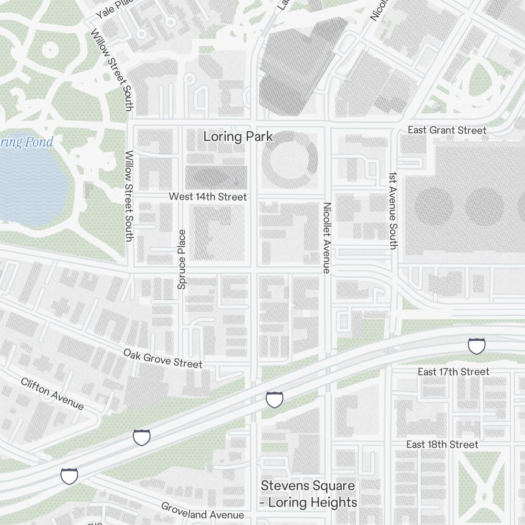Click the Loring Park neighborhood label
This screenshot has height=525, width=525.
(238, 137)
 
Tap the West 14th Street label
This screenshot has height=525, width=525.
(207, 197)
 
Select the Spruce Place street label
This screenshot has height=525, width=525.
(182, 259)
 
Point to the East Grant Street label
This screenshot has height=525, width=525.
(447, 130)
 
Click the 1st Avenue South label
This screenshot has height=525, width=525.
(393, 210)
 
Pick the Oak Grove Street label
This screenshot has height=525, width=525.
(163, 358)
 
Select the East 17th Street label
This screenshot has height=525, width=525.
(453, 372)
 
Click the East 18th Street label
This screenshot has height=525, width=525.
(442, 445)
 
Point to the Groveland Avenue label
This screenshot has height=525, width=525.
(202, 511)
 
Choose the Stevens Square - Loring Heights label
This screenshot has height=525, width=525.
(309, 494)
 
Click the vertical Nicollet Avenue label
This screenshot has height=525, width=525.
(327, 238)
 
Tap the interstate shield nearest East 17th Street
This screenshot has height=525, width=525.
(476, 346)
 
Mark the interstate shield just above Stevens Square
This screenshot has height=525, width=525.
(274, 399)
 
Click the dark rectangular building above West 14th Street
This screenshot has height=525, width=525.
(216, 177)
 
